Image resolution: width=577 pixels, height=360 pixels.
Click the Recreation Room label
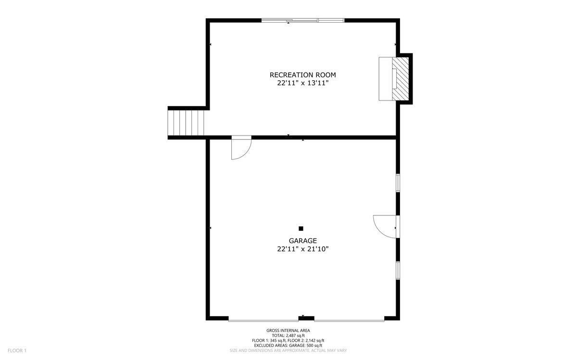[x=302, y=74]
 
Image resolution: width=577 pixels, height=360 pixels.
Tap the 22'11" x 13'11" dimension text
[x=302, y=83]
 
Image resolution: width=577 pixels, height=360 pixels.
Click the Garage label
[x=302, y=241]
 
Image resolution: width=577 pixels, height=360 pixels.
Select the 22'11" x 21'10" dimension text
[x=302, y=249]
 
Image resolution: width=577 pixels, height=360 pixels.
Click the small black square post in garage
[x=301, y=228]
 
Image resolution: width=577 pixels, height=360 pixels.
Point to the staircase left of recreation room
[x=187, y=123]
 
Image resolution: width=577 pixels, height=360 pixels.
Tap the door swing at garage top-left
[x=240, y=148]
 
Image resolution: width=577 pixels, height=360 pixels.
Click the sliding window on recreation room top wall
[x=303, y=20]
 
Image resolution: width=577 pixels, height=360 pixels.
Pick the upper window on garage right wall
[x=398, y=183]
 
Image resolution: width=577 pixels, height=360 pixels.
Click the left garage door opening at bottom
[x=263, y=319]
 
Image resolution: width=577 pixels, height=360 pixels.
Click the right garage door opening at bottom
[x=349, y=319]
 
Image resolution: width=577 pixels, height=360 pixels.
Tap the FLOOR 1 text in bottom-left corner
[x=17, y=350]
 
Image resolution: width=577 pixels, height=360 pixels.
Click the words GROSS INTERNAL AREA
[x=288, y=330]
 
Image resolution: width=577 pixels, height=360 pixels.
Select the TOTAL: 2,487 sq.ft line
[x=288, y=335]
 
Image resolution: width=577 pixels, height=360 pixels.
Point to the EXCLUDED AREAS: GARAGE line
[x=288, y=345]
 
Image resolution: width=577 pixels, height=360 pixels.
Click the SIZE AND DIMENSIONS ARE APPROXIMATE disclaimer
[x=288, y=350]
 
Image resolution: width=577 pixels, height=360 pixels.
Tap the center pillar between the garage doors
[x=306, y=318]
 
